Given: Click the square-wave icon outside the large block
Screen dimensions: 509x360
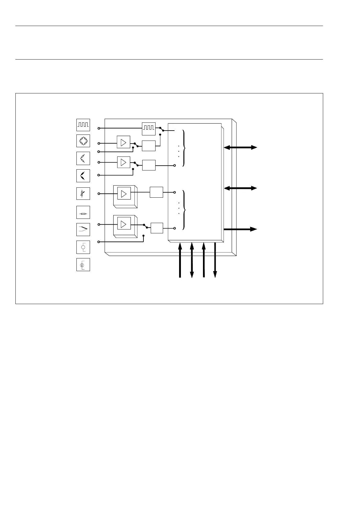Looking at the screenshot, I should coord(83,125).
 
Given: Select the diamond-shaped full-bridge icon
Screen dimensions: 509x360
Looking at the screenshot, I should coord(83,141).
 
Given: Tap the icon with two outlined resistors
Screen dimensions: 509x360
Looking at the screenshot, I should coord(83,158).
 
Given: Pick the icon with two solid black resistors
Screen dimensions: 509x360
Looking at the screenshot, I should coord(83,175).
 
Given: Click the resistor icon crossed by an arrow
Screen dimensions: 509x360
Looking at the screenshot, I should coord(83,193).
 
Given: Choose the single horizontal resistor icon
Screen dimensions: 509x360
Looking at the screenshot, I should coord(83,213).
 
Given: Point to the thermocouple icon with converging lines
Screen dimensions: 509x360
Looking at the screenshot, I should coord(83,229).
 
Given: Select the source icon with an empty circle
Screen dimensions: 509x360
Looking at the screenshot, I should coord(83,247).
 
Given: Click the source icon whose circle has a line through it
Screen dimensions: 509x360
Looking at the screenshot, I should coord(83,265).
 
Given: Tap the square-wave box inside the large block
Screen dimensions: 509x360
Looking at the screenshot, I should coord(149,129).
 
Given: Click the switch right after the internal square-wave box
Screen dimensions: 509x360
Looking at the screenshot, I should coord(162,129).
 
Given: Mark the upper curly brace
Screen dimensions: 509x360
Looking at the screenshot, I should coord(184,148).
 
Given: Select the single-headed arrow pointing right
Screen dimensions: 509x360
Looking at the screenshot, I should coord(240,229).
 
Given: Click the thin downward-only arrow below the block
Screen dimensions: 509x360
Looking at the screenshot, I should coord(215,260).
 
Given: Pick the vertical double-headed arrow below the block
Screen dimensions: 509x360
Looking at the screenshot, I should coord(192,260).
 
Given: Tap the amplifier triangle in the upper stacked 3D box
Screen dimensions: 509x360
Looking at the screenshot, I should coord(124,194).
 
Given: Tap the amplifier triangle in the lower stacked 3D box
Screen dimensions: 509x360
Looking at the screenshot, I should coord(124,224).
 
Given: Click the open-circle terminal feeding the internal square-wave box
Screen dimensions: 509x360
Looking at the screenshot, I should coord(99,128).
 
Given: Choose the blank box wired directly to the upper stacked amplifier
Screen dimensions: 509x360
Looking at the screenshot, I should coord(156,192).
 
